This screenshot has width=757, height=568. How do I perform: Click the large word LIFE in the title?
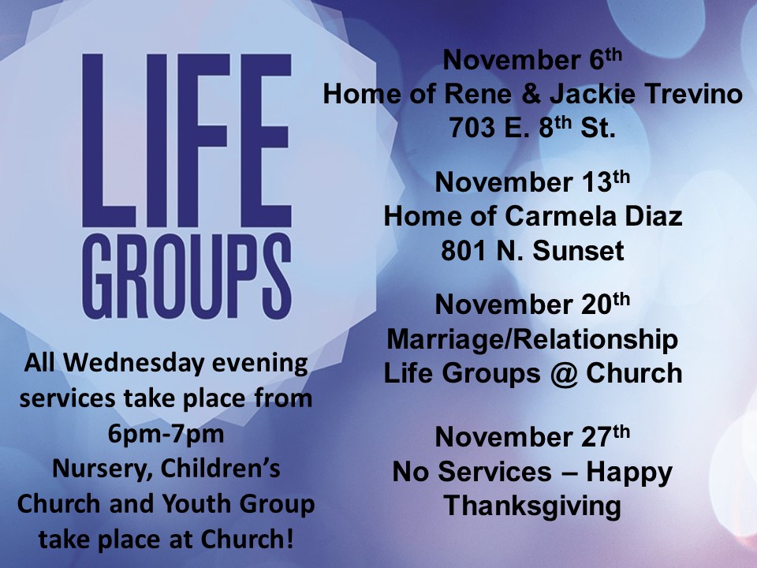click(187, 140)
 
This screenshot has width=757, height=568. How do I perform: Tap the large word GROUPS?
click(187, 276)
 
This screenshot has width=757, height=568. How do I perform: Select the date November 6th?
click(532, 59)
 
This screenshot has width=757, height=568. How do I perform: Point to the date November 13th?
click(532, 181)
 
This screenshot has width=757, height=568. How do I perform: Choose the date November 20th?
click(532, 303)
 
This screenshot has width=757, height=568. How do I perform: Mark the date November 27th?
click(532, 435)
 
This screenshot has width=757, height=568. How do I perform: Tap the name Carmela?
click(560, 216)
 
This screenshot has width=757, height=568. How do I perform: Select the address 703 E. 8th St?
click(532, 126)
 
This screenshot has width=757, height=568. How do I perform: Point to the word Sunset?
click(578, 250)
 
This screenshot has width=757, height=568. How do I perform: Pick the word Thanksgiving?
click(532, 506)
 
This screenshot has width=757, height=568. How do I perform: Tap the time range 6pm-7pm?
click(166, 433)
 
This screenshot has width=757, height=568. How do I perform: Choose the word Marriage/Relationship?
click(532, 339)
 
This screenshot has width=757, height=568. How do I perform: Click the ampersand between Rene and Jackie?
click(531, 93)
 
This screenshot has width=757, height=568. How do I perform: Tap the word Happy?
click(629, 473)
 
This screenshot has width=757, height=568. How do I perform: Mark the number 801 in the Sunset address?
click(464, 250)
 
